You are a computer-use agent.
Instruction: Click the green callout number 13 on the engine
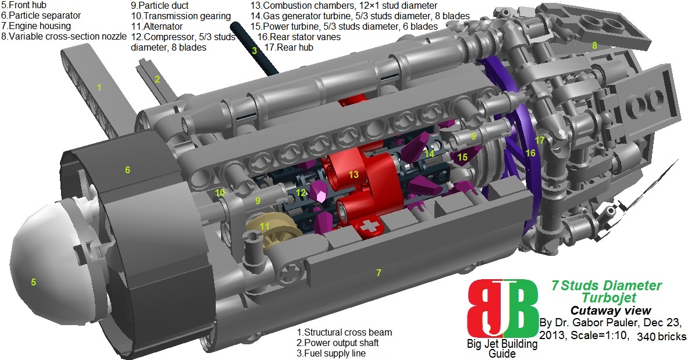pyautogui.click(x=354, y=174)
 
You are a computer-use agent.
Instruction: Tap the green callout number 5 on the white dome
pyautogui.click(x=34, y=283)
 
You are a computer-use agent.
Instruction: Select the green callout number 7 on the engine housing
pyautogui.click(x=379, y=272)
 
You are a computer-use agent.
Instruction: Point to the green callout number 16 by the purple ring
pyautogui.click(x=530, y=153)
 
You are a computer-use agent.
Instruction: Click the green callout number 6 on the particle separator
pyautogui.click(x=127, y=170)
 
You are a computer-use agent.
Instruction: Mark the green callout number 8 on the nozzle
pyautogui.click(x=594, y=45)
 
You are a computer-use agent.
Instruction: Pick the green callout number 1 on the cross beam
pyautogui.click(x=99, y=88)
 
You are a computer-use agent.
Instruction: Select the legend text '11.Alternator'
pyautogui.click(x=156, y=26)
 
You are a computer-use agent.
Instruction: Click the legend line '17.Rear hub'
pyautogui.click(x=289, y=47)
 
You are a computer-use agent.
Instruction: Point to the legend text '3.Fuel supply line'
pyautogui.click(x=331, y=352)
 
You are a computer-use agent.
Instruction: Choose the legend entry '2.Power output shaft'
pyautogui.click(x=341, y=343)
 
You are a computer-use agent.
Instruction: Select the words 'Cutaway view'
pyautogui.click(x=610, y=310)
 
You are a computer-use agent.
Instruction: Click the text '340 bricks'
pyautogui.click(x=662, y=337)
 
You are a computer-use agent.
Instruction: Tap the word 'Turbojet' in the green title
pyautogui.click(x=605, y=298)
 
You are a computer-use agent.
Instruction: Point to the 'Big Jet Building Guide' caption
pyautogui.click(x=502, y=348)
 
